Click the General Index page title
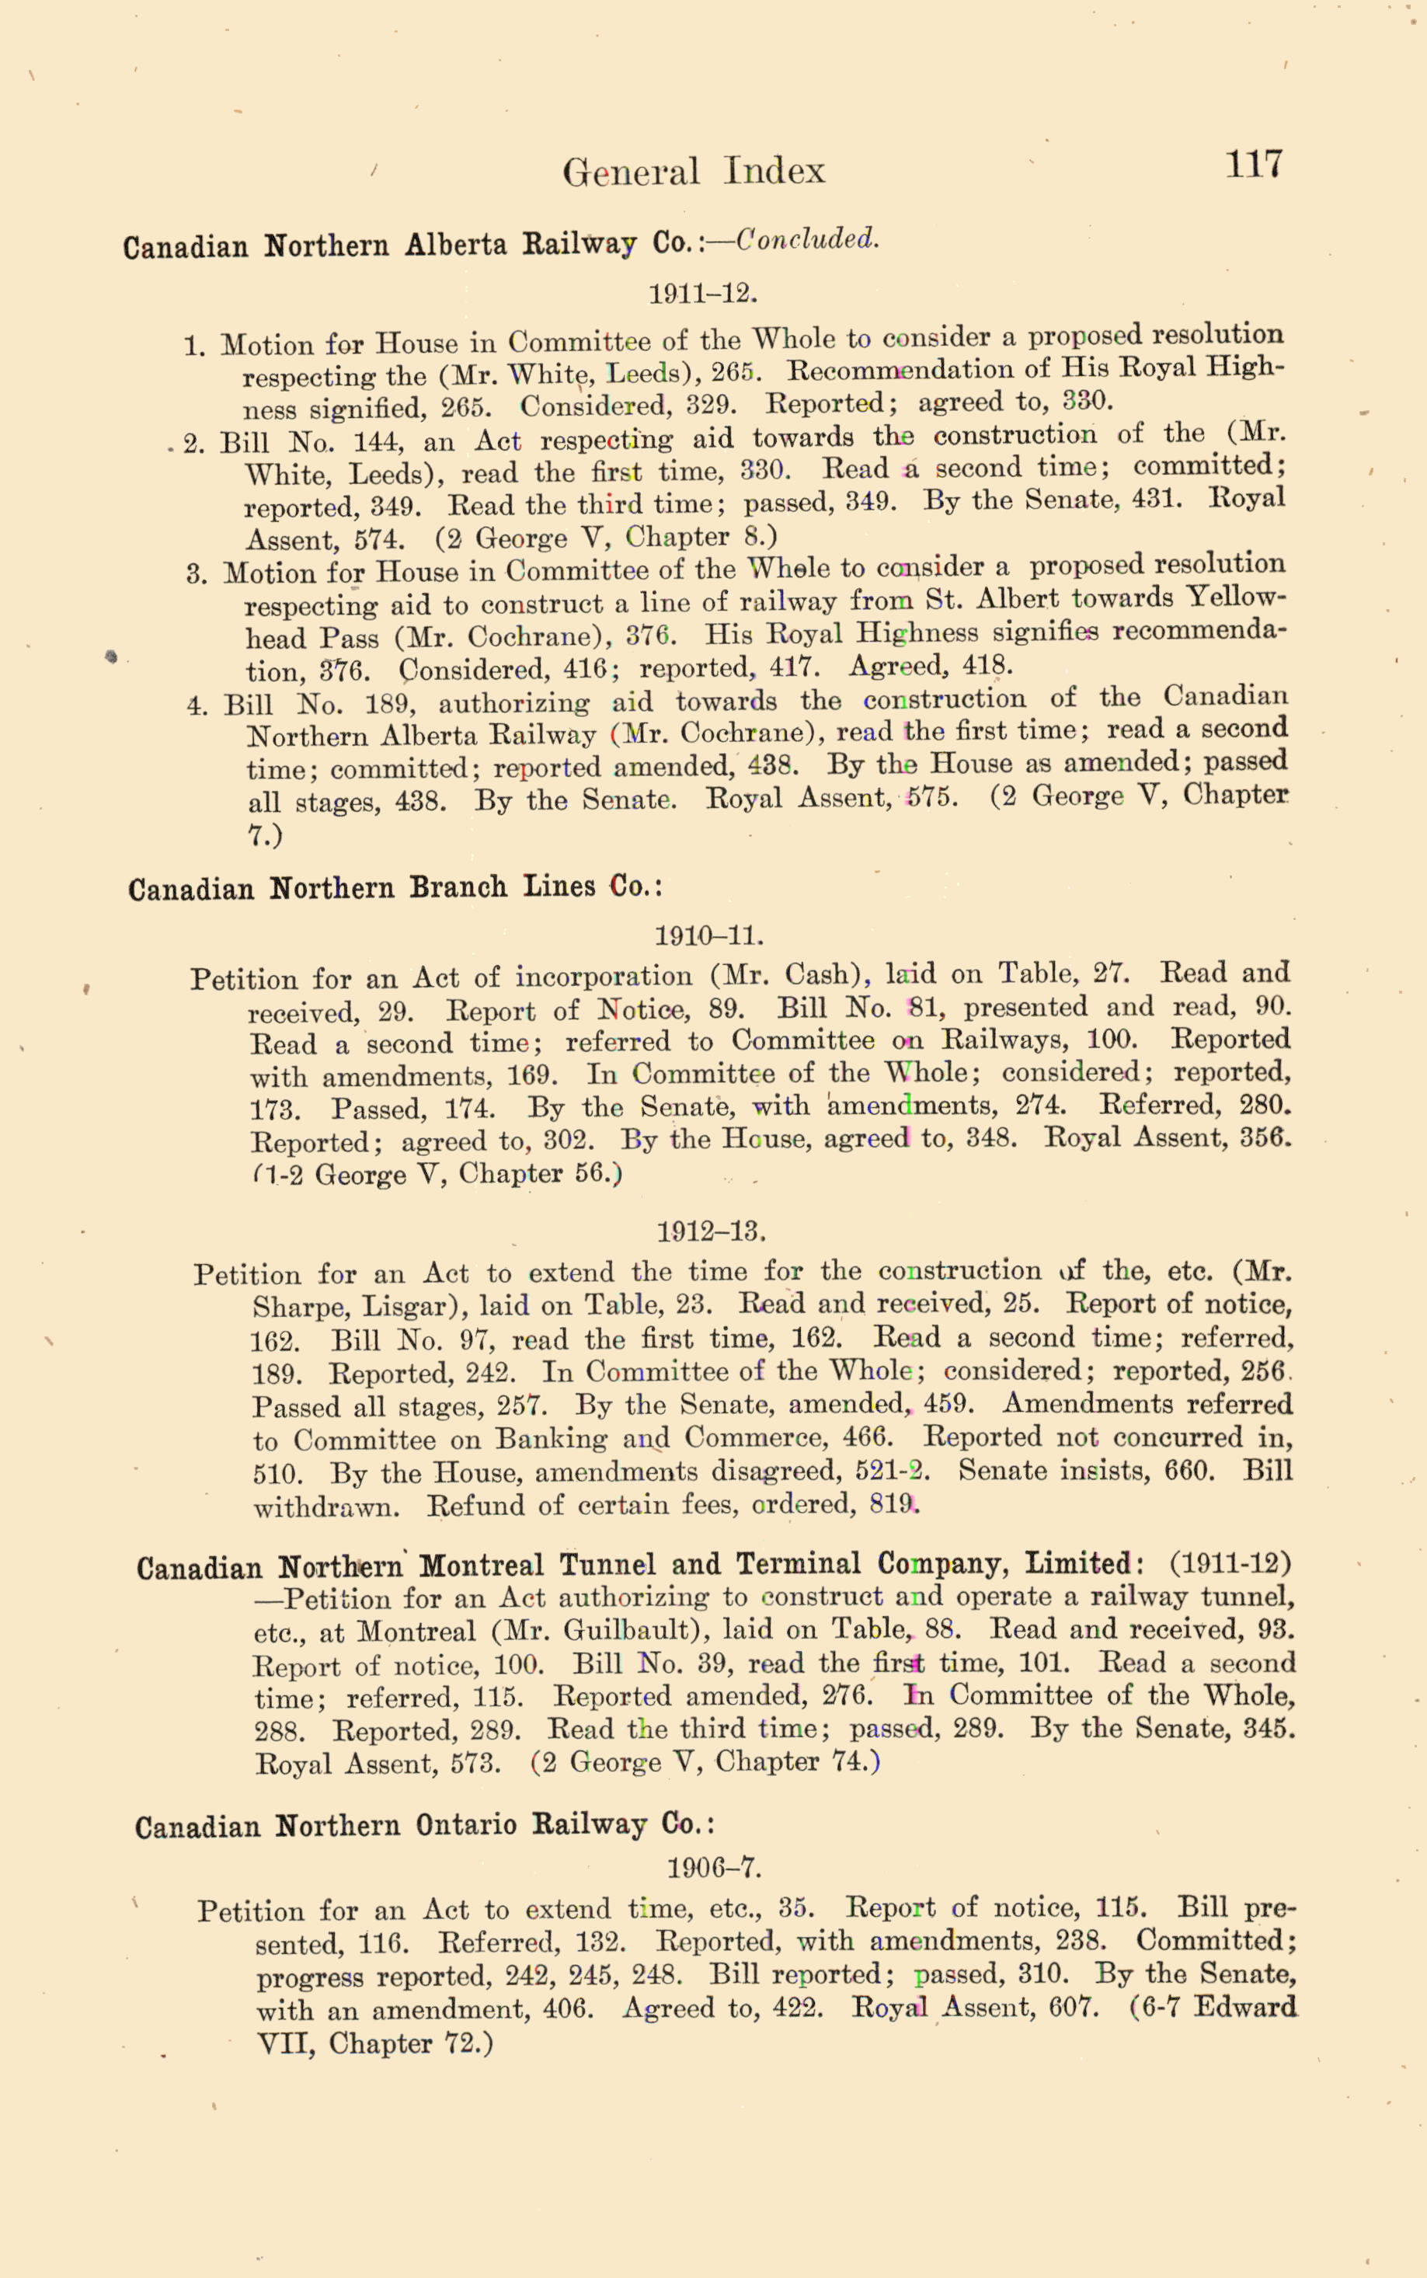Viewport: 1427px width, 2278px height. [x=694, y=172]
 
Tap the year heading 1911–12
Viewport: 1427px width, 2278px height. [x=703, y=294]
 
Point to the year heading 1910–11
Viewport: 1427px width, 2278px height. [x=708, y=936]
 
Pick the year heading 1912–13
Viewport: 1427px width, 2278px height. [x=711, y=1231]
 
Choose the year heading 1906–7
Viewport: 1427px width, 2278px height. [x=713, y=1869]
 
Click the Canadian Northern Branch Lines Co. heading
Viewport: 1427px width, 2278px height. [x=395, y=889]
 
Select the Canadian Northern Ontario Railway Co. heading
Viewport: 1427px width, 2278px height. [x=424, y=1826]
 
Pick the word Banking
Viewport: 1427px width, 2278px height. [x=552, y=1439]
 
